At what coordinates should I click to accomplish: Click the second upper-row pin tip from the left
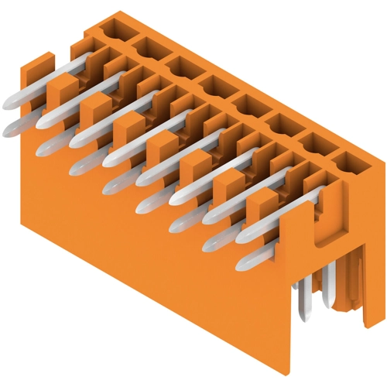(x=42, y=125)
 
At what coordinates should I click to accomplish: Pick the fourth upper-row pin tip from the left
(x=108, y=162)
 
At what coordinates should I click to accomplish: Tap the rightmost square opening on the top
(x=346, y=162)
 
